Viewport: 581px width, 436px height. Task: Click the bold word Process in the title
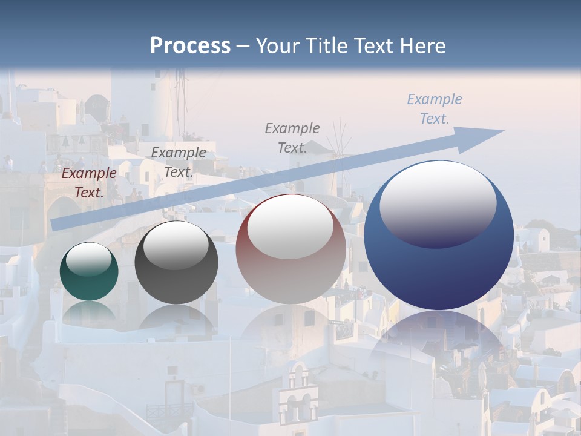(x=190, y=46)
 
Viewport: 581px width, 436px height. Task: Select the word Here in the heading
(x=423, y=46)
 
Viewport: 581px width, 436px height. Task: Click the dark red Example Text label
(x=89, y=183)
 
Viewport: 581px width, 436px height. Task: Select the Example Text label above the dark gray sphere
(x=179, y=162)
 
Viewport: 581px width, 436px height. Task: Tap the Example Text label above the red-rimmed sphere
(x=292, y=137)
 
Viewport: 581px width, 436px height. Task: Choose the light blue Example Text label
(x=435, y=109)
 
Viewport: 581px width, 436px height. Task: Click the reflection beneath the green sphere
(x=89, y=312)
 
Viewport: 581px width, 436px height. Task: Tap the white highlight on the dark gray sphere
(x=176, y=246)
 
